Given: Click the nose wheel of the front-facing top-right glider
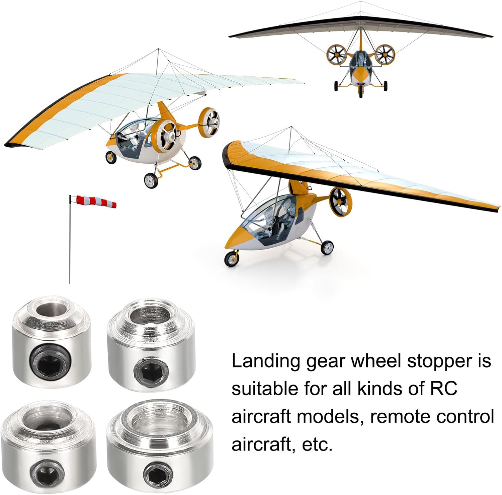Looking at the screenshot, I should click(360, 91).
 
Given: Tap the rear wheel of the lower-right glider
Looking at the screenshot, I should click(327, 248).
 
